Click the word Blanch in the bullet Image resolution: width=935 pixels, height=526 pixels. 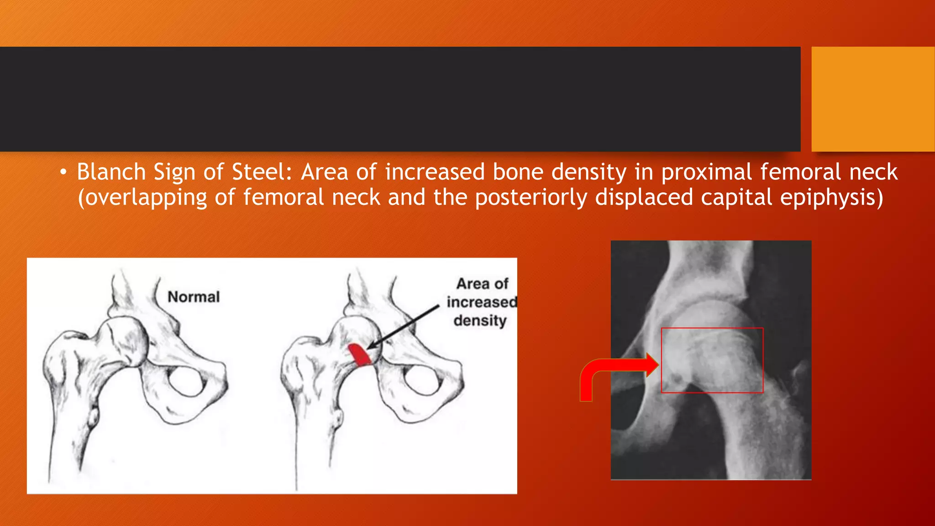(x=111, y=172)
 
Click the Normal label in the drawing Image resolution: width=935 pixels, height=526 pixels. (x=194, y=297)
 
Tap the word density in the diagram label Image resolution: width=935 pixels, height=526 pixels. (x=480, y=321)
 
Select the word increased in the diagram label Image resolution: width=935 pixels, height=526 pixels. (x=482, y=302)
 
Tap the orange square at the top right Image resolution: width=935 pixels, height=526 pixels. (x=872, y=99)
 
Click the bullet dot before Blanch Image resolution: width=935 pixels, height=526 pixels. (x=63, y=173)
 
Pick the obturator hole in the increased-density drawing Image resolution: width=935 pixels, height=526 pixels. (x=423, y=379)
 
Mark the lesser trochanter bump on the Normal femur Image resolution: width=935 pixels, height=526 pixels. (x=93, y=417)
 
